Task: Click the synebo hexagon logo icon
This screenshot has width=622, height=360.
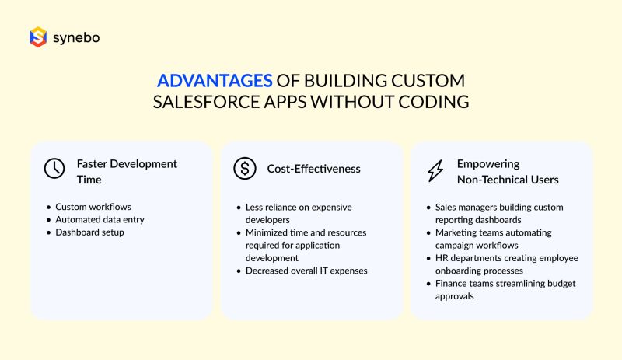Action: (x=38, y=37)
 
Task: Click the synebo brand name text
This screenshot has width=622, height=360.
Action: (x=75, y=37)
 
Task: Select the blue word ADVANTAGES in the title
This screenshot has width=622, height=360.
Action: (x=215, y=81)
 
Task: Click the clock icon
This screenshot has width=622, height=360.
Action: (x=54, y=169)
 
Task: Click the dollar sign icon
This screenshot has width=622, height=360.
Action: (x=245, y=168)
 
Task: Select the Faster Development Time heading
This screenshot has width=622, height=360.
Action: (x=127, y=171)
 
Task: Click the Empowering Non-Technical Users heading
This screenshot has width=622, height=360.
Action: (x=507, y=171)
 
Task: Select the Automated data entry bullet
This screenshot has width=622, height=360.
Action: (x=100, y=220)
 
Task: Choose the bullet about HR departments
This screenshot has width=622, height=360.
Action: (x=506, y=264)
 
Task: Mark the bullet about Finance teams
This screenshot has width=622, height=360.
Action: (x=505, y=289)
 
